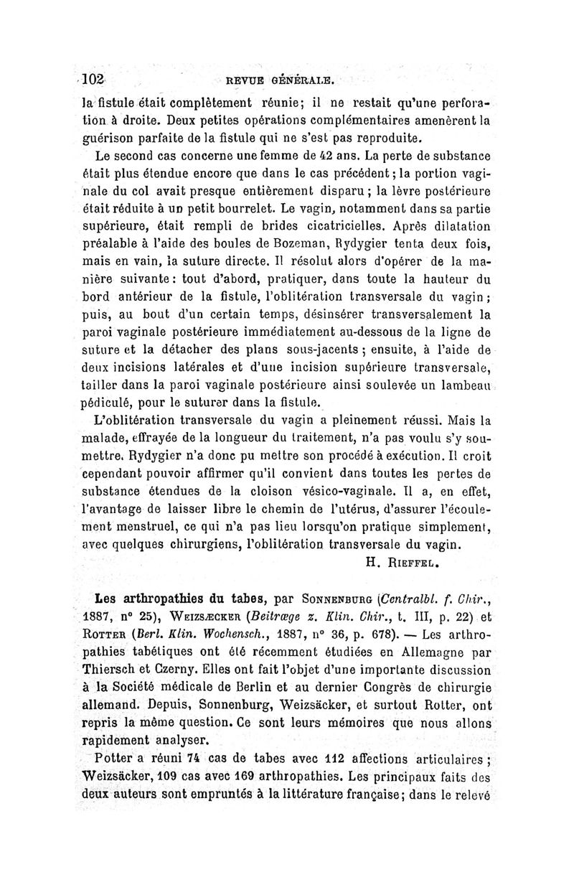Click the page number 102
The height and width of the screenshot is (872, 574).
point(93,78)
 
